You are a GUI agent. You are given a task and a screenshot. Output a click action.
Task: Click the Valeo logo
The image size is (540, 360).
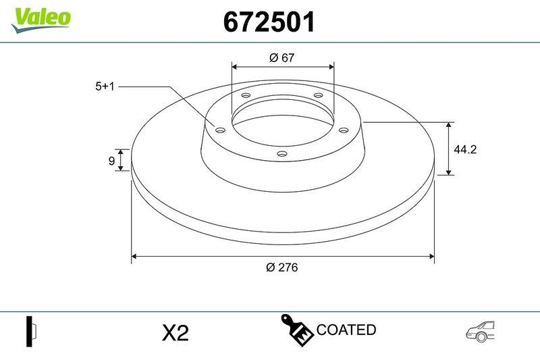40,17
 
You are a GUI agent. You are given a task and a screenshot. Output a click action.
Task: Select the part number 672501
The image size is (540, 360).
269,22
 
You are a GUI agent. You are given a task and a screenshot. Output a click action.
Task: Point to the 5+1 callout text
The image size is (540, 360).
106,86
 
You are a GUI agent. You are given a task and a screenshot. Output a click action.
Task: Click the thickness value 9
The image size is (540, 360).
111,160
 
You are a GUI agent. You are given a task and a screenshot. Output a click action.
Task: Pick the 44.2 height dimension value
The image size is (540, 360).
465,150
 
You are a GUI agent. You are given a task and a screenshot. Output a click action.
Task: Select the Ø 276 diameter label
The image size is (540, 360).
282,267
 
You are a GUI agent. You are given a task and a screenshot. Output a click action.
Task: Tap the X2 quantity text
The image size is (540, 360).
175,332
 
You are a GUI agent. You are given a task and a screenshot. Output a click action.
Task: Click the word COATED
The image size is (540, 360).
346,330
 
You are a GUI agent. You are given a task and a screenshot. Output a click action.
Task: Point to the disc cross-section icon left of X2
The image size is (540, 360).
30,331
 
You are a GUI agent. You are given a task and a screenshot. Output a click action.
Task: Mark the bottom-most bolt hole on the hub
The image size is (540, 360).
283,155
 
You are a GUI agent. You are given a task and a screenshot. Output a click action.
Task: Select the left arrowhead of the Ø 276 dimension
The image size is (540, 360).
134,256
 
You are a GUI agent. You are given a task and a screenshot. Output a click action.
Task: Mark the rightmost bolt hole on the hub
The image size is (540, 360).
342,130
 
